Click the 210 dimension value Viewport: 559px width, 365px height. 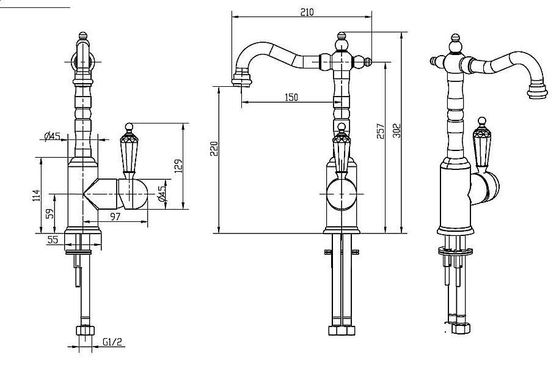coord(307,12)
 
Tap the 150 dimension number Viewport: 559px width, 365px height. coord(291,97)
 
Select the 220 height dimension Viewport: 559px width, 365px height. coord(214,149)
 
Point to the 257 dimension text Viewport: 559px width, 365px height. coord(381,131)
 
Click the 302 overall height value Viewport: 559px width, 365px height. coord(396,131)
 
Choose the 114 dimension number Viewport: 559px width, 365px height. coord(37,196)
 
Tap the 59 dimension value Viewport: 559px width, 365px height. coord(50,213)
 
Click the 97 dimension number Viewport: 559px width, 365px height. coord(115,216)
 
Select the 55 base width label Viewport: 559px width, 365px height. coord(53,240)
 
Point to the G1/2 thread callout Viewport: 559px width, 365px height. coord(112,342)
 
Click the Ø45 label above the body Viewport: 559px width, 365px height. coord(52,136)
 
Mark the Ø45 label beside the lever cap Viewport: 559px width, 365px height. coord(163,193)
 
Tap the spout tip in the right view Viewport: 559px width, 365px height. coord(537,90)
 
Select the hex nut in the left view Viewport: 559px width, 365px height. coord(85,330)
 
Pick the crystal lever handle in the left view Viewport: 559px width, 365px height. coord(129,150)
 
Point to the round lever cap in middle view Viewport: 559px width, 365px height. coord(342,194)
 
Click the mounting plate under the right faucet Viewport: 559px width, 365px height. coord(455,251)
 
